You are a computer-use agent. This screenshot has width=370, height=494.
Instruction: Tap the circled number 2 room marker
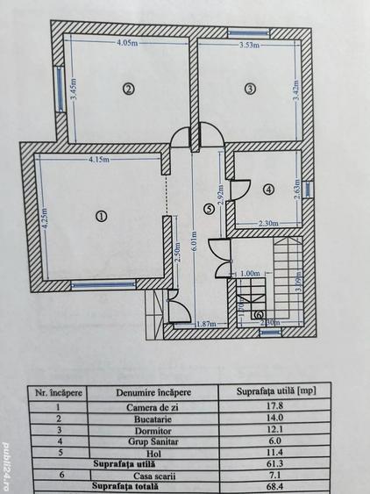tap(128, 89)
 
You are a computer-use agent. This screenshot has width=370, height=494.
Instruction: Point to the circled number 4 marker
tap(269, 188)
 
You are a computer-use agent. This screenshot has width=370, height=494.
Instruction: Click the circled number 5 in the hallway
tap(208, 209)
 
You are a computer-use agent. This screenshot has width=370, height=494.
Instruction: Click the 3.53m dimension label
tap(252, 47)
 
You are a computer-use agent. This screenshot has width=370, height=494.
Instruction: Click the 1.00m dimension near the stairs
tap(251, 272)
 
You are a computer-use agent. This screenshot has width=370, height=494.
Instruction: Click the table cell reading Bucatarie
tap(159, 418)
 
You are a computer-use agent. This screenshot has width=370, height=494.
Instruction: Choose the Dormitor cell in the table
tap(159, 430)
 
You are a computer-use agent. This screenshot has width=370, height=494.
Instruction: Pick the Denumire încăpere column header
tap(159, 392)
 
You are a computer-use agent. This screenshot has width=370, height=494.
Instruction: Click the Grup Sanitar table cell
tap(159, 442)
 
